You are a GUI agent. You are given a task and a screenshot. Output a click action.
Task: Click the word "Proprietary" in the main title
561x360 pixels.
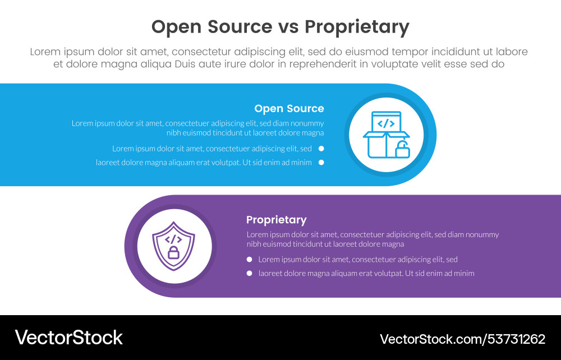(x=357, y=27)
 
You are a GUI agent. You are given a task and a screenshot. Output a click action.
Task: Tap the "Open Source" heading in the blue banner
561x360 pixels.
(x=289, y=109)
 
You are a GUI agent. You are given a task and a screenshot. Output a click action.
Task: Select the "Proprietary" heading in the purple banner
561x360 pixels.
(x=276, y=220)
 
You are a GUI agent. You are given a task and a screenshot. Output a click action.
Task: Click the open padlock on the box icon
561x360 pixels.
(x=402, y=150)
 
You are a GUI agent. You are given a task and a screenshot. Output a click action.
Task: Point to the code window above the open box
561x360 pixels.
(x=385, y=123)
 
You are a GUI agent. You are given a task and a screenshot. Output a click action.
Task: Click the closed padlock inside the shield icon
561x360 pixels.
(x=173, y=252)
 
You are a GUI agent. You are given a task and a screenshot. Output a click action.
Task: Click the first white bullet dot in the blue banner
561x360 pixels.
(x=321, y=149)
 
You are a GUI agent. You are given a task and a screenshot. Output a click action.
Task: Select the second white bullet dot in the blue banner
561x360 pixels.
(x=321, y=163)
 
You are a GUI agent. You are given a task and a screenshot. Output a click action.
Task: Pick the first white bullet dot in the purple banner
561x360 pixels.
(x=249, y=260)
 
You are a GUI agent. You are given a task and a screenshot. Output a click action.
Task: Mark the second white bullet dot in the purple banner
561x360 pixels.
(x=249, y=274)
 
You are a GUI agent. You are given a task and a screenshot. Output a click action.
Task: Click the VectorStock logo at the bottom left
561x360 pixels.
(x=68, y=338)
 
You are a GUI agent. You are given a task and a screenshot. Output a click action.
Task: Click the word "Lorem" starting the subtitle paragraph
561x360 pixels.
(x=45, y=52)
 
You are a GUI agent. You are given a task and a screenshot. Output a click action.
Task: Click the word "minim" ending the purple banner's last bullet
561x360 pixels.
(x=463, y=274)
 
